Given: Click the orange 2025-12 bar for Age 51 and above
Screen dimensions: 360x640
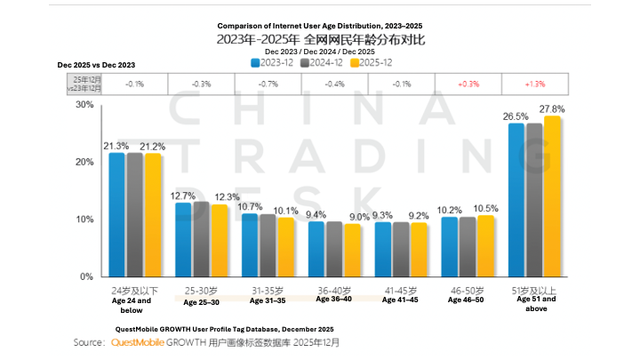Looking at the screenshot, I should point(552,196).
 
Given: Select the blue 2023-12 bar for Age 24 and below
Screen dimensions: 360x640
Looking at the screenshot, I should point(116,214).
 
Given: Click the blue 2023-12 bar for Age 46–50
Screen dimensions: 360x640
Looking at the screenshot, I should point(450,246).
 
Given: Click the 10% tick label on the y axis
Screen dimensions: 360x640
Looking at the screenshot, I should point(84,220).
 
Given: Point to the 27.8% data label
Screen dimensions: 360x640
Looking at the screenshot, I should point(552,108).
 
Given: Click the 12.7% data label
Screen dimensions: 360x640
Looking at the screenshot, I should point(183,196).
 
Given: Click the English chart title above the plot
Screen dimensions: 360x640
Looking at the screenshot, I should point(319,26).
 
